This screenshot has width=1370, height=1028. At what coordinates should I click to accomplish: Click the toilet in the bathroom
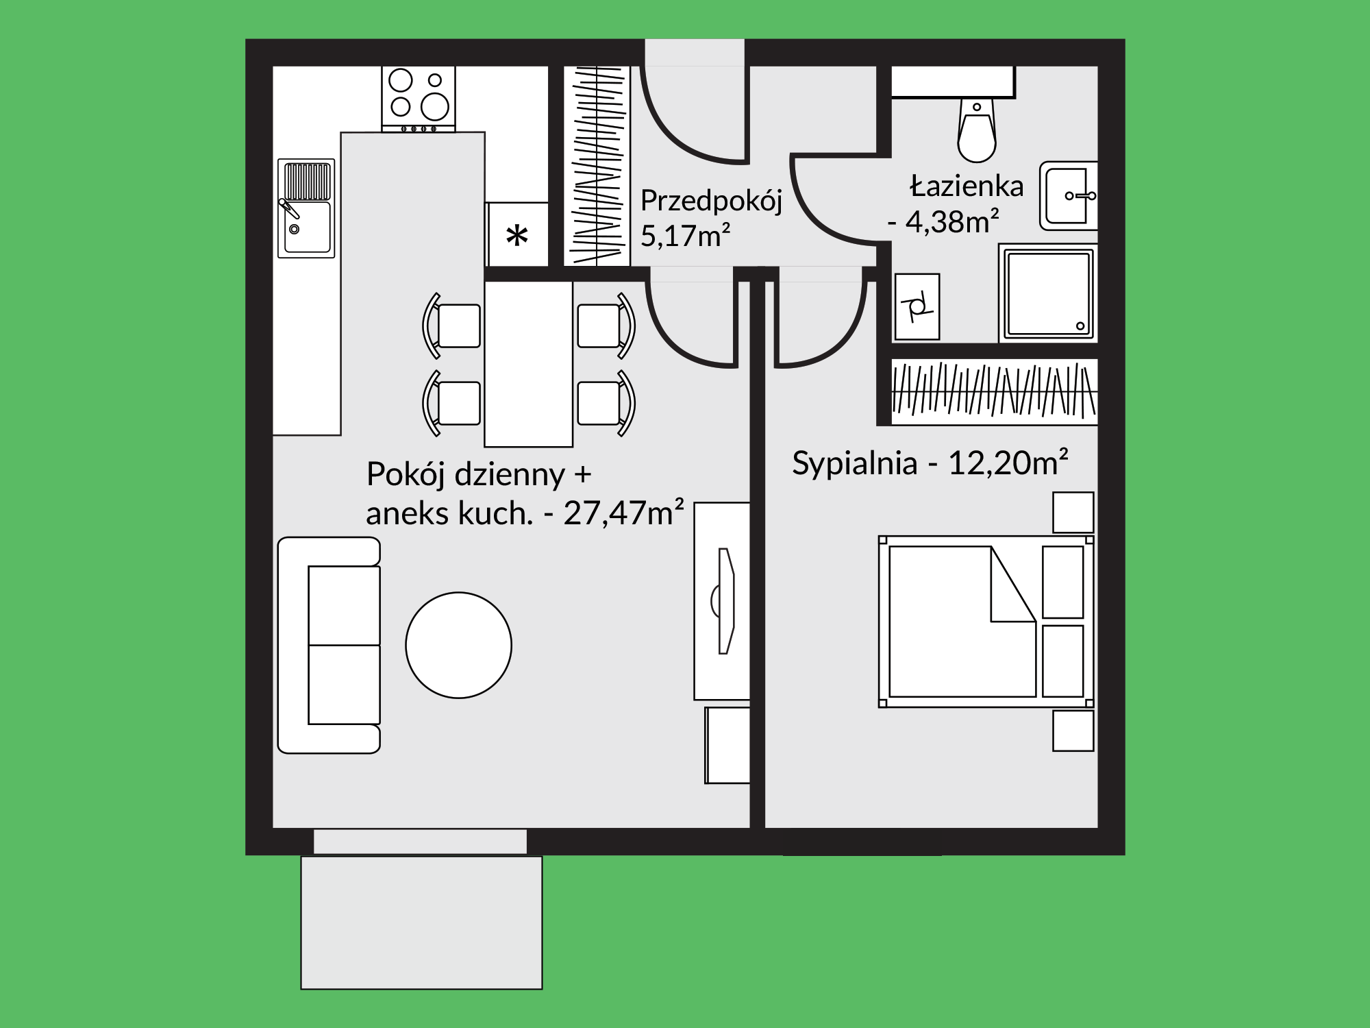[977, 130]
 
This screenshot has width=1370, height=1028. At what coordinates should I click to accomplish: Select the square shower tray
[1048, 293]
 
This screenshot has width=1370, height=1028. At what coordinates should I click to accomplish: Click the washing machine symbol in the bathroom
[917, 306]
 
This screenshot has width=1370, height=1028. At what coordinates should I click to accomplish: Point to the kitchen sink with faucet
[306, 208]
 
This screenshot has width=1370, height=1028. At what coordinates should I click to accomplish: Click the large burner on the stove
[435, 106]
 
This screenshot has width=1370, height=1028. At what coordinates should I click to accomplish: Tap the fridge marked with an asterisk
[517, 234]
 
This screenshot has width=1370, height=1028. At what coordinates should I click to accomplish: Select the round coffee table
[458, 645]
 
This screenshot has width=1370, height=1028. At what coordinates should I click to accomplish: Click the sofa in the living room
[329, 645]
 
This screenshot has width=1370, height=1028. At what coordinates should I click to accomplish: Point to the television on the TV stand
[724, 601]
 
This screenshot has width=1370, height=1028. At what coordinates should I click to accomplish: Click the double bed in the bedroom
[986, 622]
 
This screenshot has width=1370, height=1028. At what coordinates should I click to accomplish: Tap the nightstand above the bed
[1073, 512]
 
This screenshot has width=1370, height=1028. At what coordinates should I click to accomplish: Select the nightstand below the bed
[1073, 731]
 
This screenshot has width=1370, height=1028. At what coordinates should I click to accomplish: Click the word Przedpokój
[711, 201]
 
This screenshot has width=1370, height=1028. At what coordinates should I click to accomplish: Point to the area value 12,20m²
[1008, 463]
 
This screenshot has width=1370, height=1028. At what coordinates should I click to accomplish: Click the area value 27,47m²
[623, 512]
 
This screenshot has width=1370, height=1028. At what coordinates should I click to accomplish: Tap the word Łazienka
[967, 185]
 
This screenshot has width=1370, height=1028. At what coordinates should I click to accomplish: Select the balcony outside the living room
[421, 922]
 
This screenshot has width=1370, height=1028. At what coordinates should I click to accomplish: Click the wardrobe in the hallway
[597, 166]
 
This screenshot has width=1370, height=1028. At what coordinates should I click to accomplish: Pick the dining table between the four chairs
[528, 364]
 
